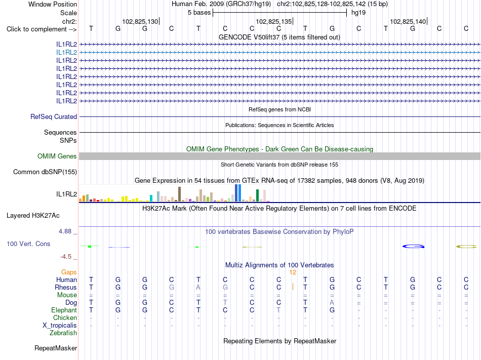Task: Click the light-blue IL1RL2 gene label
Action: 66,53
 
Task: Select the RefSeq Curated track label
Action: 54,117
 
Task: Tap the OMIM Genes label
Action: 57,156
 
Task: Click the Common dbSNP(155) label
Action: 45,172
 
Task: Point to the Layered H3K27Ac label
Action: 33,216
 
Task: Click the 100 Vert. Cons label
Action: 28,244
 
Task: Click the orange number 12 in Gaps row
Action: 293,272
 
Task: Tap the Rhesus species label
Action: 66,288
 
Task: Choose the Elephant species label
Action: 64,310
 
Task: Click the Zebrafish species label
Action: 63,333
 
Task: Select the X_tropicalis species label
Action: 60,326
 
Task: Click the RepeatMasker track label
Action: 56,348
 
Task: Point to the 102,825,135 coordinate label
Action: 273,21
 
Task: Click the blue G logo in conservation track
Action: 413,246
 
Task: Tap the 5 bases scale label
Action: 199,13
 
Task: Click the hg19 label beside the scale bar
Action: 358,13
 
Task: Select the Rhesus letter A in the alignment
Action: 198,287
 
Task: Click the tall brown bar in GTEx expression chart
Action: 179,194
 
